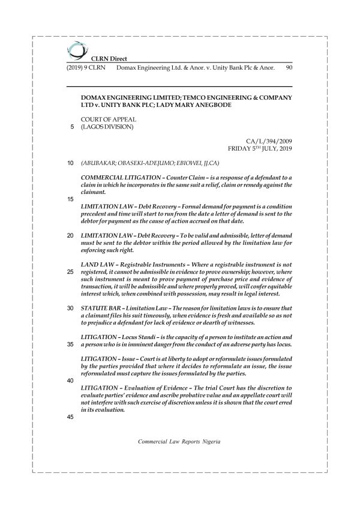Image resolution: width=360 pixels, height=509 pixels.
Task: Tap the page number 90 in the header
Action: coord(289,68)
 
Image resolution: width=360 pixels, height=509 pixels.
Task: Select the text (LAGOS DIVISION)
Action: coord(107,127)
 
